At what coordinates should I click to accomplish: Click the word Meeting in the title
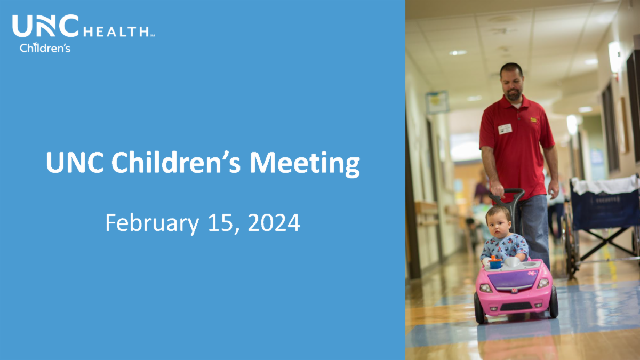click(305, 164)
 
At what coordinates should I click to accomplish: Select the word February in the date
click(152, 223)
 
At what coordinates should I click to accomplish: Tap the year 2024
click(274, 222)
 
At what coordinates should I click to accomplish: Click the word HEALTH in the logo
click(117, 31)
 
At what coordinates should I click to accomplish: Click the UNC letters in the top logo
click(45, 26)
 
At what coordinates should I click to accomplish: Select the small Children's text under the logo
click(45, 47)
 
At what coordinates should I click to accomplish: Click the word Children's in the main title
click(175, 162)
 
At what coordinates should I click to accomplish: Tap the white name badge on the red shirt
click(505, 129)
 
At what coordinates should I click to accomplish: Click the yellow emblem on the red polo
click(533, 119)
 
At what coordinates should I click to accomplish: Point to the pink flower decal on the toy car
click(532, 273)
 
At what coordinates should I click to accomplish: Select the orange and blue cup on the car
click(495, 262)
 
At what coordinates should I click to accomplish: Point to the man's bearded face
click(513, 85)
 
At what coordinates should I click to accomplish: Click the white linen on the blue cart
click(605, 185)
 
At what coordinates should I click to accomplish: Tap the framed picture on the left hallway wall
click(437, 102)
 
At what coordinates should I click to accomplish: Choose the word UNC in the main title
click(75, 162)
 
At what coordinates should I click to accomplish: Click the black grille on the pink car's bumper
click(516, 307)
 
